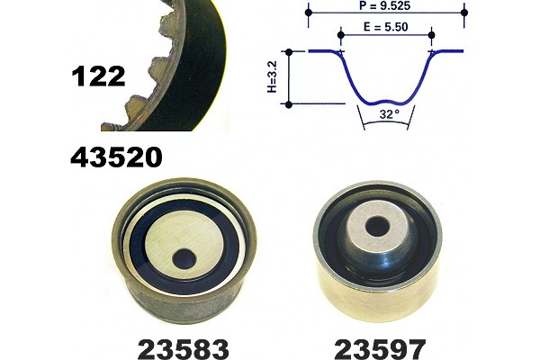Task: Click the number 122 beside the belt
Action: (x=98, y=76)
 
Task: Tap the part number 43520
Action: (x=116, y=157)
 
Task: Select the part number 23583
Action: (x=184, y=349)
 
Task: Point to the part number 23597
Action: (x=380, y=349)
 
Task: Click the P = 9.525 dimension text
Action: (x=384, y=5)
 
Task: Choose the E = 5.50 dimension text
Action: (x=386, y=27)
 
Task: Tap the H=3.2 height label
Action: (x=272, y=76)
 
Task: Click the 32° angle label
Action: (x=390, y=113)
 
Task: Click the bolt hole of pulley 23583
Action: (x=184, y=258)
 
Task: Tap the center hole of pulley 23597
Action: (x=377, y=227)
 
